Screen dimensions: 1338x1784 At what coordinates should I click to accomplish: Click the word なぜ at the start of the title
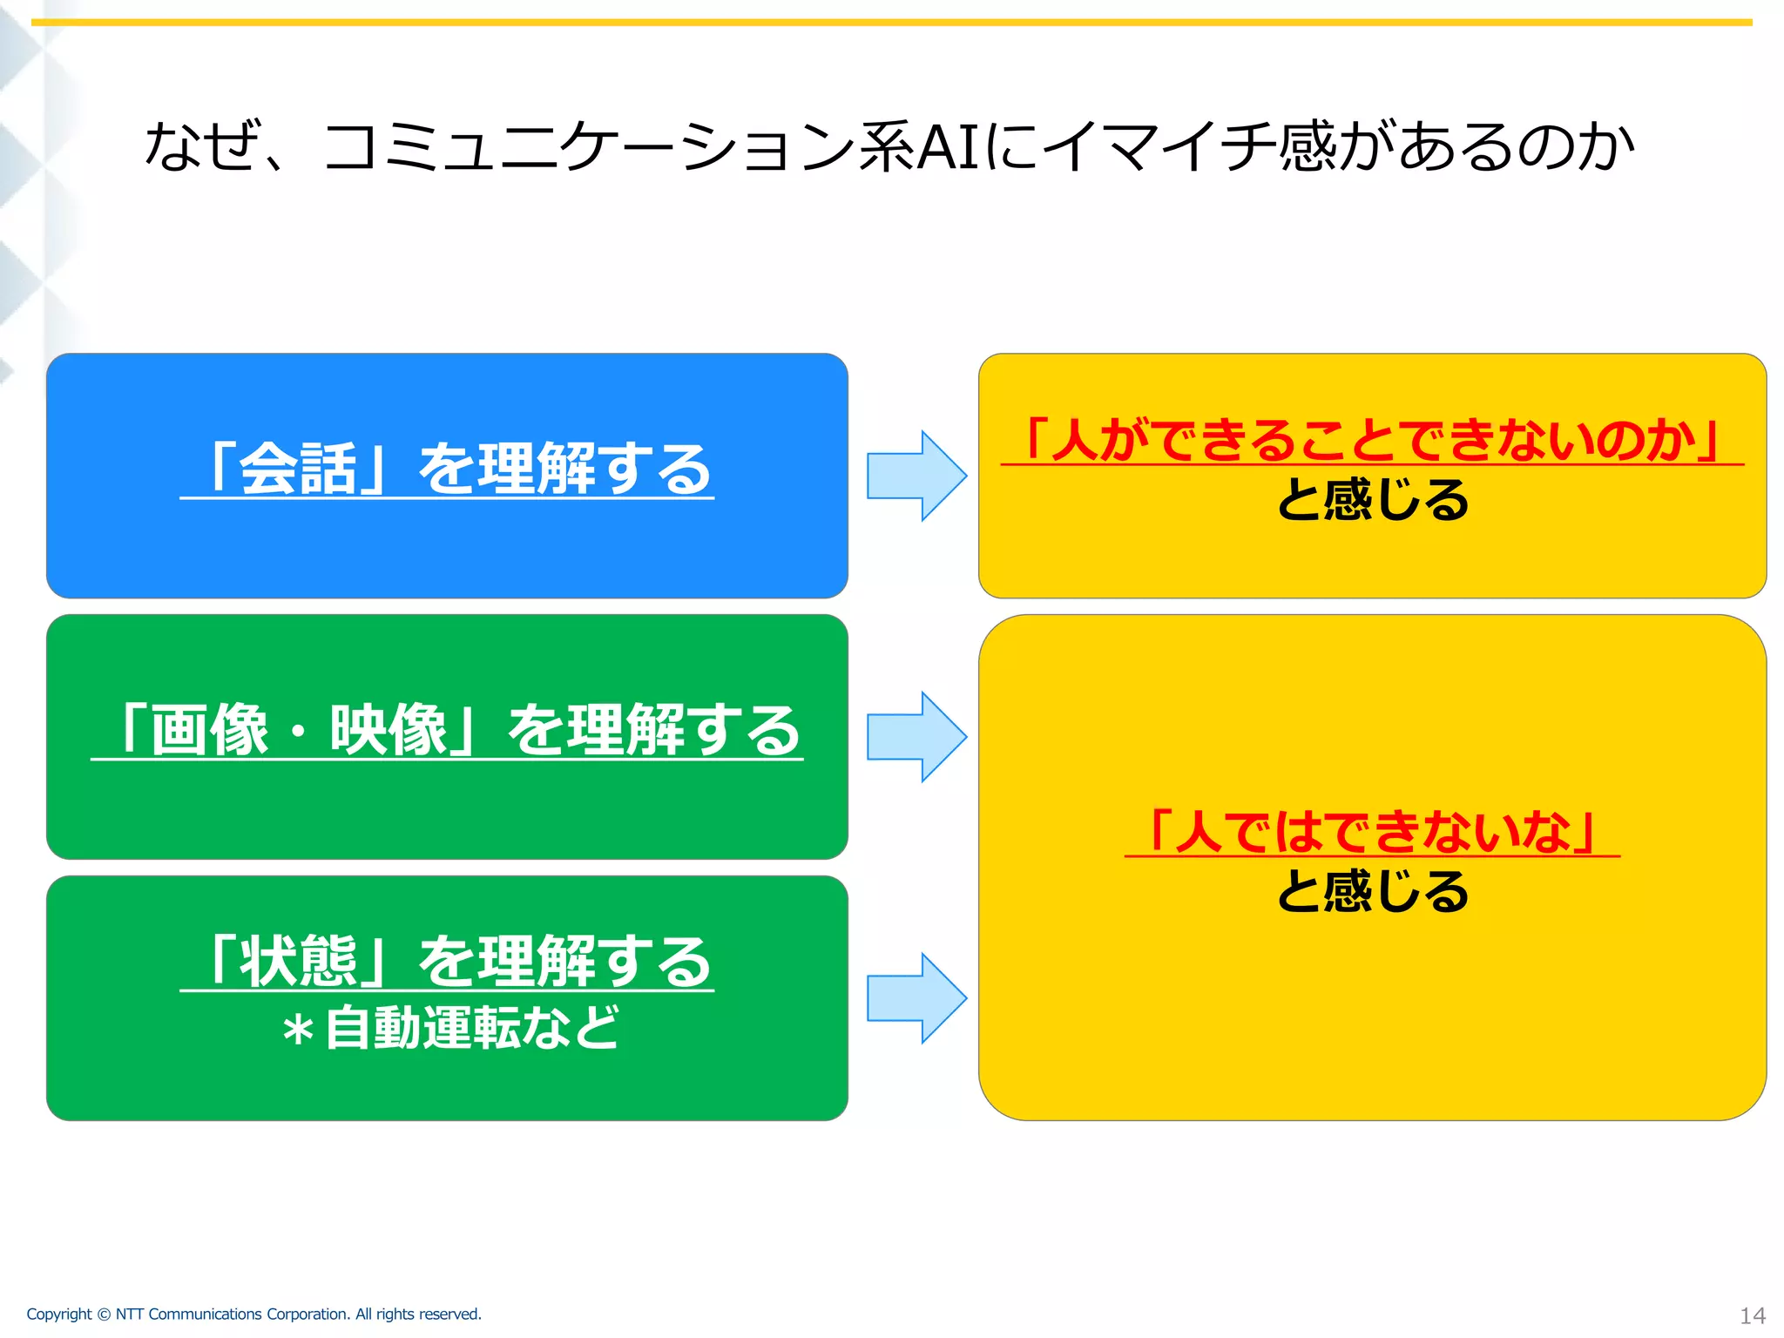(203, 146)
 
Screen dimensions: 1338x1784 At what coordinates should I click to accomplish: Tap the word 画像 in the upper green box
(209, 730)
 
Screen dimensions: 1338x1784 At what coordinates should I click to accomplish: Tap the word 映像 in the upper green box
(389, 730)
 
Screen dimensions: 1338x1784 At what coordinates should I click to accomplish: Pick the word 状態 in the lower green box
(297, 962)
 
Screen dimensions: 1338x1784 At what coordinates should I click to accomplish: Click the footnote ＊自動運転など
(449, 1028)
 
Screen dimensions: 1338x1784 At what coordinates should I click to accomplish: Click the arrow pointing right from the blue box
(916, 476)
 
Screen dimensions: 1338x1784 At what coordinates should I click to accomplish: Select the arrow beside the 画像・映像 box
(916, 737)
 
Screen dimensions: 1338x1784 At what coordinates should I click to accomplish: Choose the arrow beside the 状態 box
(916, 998)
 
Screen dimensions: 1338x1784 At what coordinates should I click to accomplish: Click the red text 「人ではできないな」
(1372, 831)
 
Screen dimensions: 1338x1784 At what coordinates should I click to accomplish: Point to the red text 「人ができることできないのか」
(1372, 440)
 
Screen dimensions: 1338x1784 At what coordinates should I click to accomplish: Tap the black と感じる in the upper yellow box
(1372, 500)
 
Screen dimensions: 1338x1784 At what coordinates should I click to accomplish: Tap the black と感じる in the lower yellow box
(1372, 892)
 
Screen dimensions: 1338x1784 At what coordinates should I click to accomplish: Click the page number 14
(1752, 1315)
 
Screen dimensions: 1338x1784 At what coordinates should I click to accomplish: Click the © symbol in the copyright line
(104, 1314)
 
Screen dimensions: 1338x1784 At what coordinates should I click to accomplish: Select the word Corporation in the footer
(307, 1314)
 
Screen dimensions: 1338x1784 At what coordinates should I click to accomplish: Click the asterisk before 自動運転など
(297, 1031)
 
